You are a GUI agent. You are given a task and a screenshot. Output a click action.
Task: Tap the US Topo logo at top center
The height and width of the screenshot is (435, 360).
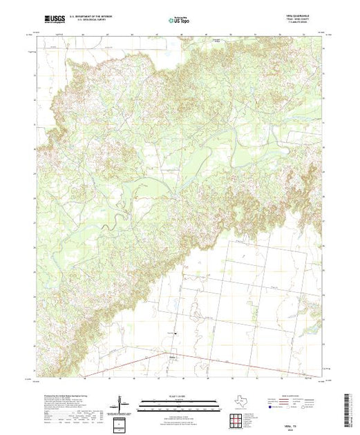pos(180,21)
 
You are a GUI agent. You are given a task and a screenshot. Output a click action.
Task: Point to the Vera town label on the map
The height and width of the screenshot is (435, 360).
pos(172,357)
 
